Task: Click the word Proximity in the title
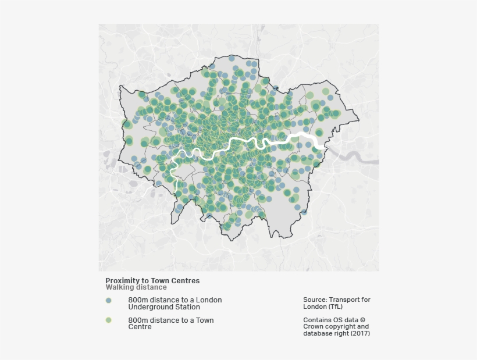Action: click(122, 280)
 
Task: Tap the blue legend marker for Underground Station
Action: click(108, 301)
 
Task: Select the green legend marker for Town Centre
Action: click(108, 320)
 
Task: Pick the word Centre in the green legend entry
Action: click(140, 327)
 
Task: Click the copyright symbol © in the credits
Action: click(362, 320)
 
